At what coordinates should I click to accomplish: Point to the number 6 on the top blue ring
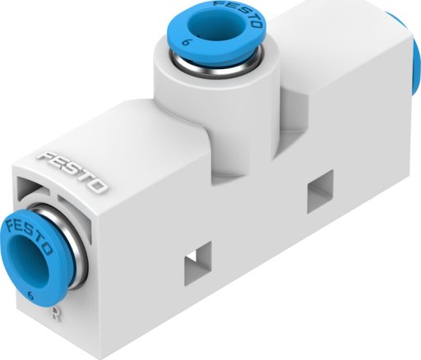(x=187, y=43)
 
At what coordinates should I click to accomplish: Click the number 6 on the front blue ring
(x=31, y=296)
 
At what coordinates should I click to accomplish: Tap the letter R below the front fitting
(x=57, y=312)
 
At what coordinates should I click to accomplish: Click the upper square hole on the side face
(x=320, y=191)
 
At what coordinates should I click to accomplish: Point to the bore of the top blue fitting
(x=210, y=25)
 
